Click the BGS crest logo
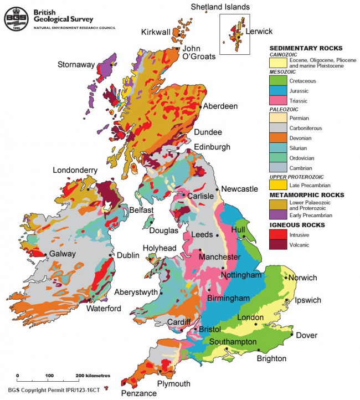click(16, 17)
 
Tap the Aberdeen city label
click(220, 106)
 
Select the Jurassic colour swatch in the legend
click(277, 90)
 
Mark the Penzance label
click(140, 393)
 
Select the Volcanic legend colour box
click(277, 244)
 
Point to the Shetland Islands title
click(220, 7)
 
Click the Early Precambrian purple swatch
click(277, 214)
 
